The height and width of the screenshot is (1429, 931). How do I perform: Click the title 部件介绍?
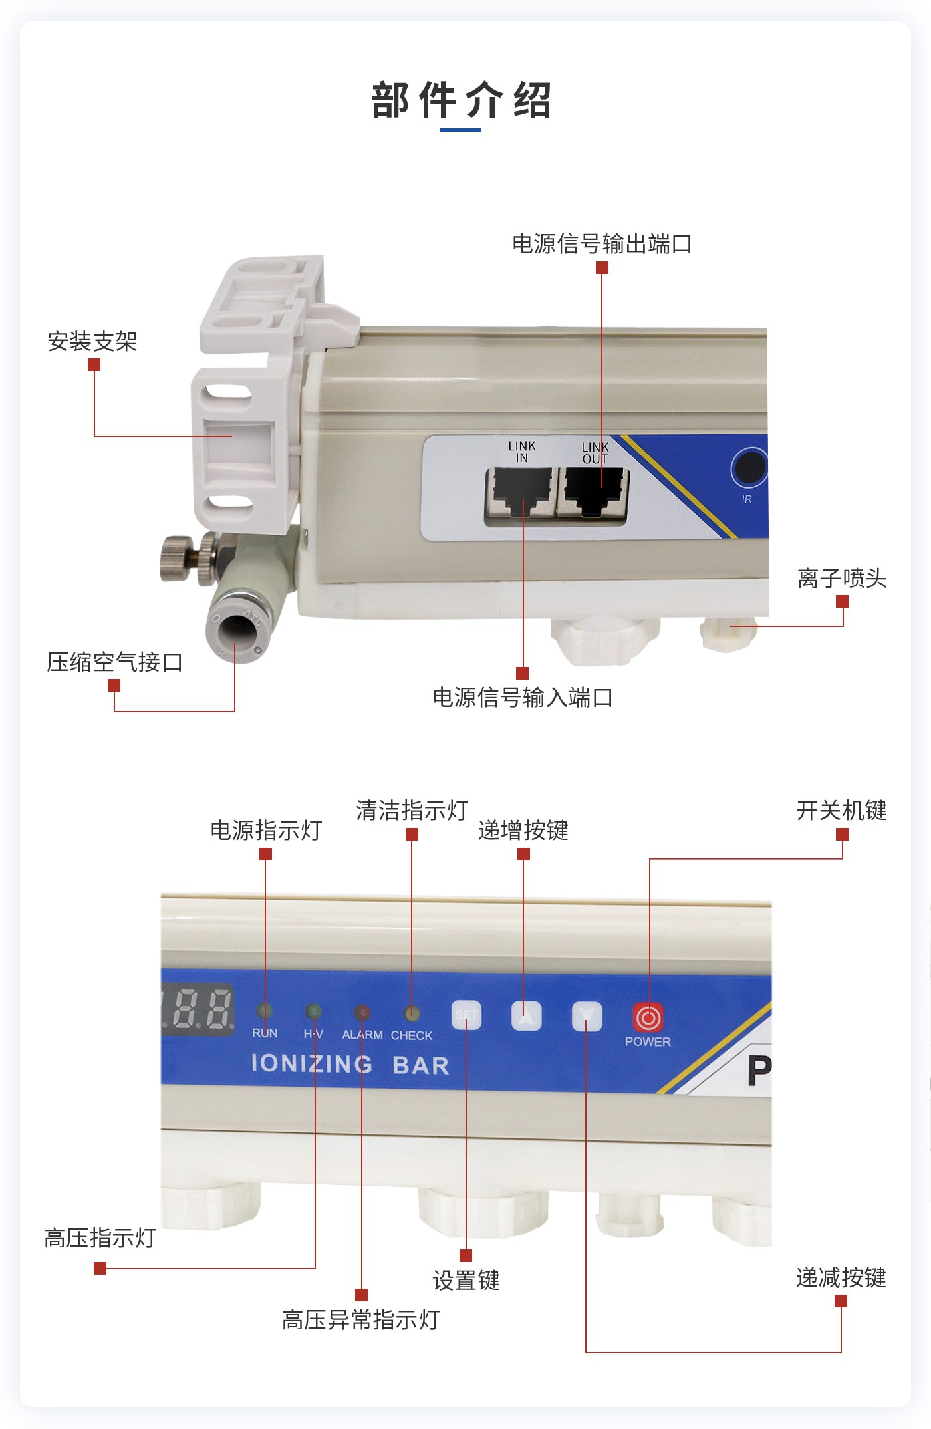point(462,101)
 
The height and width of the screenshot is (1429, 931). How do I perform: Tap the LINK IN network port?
point(521,492)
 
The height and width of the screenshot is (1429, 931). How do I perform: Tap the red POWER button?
point(648,1017)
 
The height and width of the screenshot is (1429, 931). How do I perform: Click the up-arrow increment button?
point(526,1016)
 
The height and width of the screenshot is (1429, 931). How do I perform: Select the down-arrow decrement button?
point(587,1017)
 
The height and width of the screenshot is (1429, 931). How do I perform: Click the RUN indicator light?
point(265,1011)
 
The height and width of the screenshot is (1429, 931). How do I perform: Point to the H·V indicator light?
point(313,1012)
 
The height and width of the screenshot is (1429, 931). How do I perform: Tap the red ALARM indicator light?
point(362,1013)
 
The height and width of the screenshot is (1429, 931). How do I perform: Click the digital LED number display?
point(198,1009)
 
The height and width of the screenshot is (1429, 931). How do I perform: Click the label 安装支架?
point(92,342)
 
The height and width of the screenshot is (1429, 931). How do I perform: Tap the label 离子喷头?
point(842,579)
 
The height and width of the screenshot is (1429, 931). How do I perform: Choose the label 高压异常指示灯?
point(361,1320)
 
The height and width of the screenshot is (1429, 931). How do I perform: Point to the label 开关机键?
point(842,811)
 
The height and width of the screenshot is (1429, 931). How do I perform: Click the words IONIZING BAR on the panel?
point(350,1064)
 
